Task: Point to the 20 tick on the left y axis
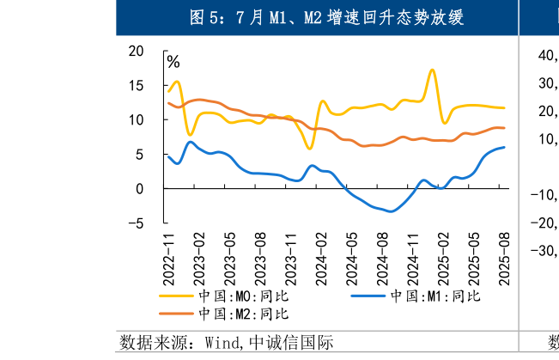click(x=136, y=51)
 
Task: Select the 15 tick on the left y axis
click(x=136, y=85)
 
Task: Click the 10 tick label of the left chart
click(x=136, y=119)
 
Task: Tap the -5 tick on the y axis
click(x=134, y=223)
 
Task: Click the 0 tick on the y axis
click(x=140, y=188)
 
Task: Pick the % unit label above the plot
click(x=173, y=62)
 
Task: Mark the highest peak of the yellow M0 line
click(x=432, y=70)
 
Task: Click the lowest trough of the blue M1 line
click(x=391, y=211)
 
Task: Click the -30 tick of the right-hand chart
click(x=543, y=251)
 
